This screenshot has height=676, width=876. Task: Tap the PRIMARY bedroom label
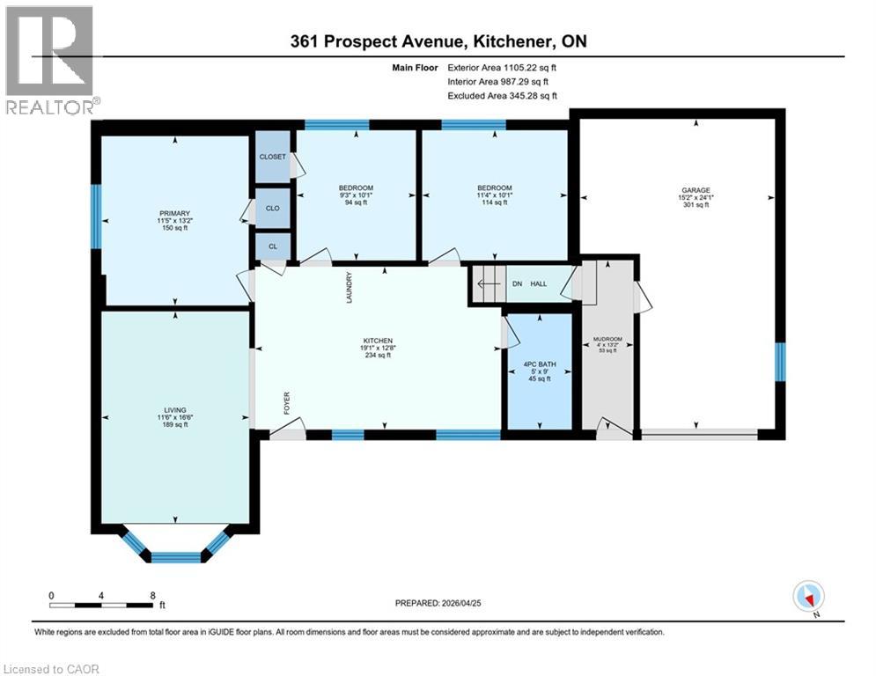click(x=174, y=211)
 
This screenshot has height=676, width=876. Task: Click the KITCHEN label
click(x=378, y=341)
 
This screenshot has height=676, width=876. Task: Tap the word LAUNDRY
click(x=349, y=288)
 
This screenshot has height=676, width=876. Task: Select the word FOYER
click(x=287, y=402)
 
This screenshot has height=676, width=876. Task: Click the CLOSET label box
click(x=273, y=157)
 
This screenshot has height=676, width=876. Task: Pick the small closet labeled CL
click(x=273, y=246)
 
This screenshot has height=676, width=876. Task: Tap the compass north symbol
click(x=806, y=596)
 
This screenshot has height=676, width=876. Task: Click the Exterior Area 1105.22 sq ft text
click(x=502, y=67)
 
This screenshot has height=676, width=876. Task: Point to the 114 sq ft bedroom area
click(x=494, y=202)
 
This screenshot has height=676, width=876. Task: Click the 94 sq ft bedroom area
click(x=356, y=202)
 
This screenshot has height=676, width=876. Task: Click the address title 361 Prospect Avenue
click(x=438, y=40)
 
